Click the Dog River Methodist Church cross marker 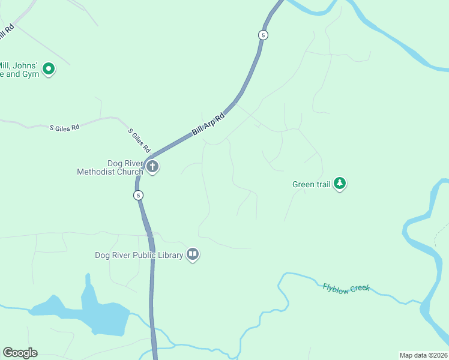tap(152, 166)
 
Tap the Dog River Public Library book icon tap(193, 254)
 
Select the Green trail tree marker tap(340, 183)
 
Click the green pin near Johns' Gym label tap(49, 70)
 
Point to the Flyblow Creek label tap(346, 288)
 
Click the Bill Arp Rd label tap(208, 124)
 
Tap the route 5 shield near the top tap(263, 35)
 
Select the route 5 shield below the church tap(139, 195)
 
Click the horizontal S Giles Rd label tap(64, 128)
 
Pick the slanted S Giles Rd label tap(139, 140)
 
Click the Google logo tap(20, 352)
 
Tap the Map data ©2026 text tap(423, 355)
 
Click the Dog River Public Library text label tap(139, 255)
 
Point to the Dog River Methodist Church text tap(110, 167)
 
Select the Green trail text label tap(312, 184)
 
